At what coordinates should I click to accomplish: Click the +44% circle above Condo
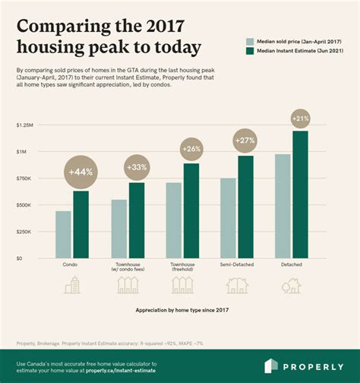pyautogui.click(x=81, y=172)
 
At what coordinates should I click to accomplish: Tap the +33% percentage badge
pyautogui.click(x=136, y=166)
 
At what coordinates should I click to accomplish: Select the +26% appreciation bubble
pyautogui.click(x=191, y=149)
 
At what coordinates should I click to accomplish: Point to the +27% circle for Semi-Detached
pyautogui.click(x=245, y=141)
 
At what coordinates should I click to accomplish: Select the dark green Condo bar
pyautogui.click(x=81, y=224)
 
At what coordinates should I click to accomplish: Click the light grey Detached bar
pyautogui.click(x=283, y=206)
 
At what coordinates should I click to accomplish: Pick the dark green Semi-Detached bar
pyautogui.click(x=246, y=207)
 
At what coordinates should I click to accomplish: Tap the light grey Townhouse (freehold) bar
pyautogui.click(x=173, y=220)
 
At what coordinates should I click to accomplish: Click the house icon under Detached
pyautogui.click(x=292, y=286)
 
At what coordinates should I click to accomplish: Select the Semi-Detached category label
pyautogui.click(x=237, y=264)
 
